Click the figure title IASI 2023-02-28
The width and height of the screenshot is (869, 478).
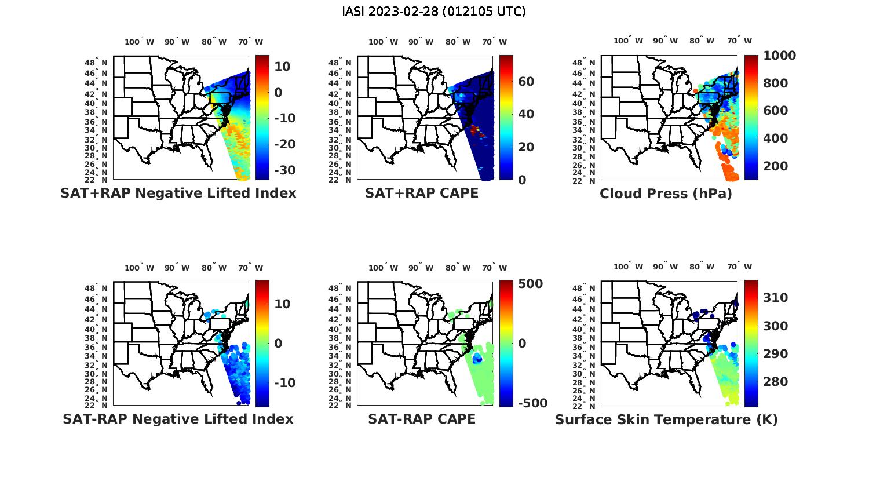tap(434, 12)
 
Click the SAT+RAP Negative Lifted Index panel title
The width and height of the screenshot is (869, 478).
tap(178, 193)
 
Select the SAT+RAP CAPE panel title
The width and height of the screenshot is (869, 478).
tap(422, 193)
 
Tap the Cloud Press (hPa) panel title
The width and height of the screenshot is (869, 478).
tap(666, 194)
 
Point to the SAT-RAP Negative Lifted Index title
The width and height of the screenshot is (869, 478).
tap(178, 419)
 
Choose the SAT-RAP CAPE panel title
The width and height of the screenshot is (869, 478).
tap(422, 419)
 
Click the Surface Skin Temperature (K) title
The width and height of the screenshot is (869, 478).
tap(666, 419)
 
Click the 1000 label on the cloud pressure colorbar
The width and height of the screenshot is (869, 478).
tap(779, 56)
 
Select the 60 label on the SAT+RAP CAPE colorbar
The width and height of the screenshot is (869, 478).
tap(526, 82)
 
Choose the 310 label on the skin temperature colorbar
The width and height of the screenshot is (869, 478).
tap(775, 298)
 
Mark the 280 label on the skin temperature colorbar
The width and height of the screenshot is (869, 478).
tap(775, 382)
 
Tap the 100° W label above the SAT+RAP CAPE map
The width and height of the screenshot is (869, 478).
tap(383, 42)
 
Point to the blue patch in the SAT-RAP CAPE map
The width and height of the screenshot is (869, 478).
tap(477, 359)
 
